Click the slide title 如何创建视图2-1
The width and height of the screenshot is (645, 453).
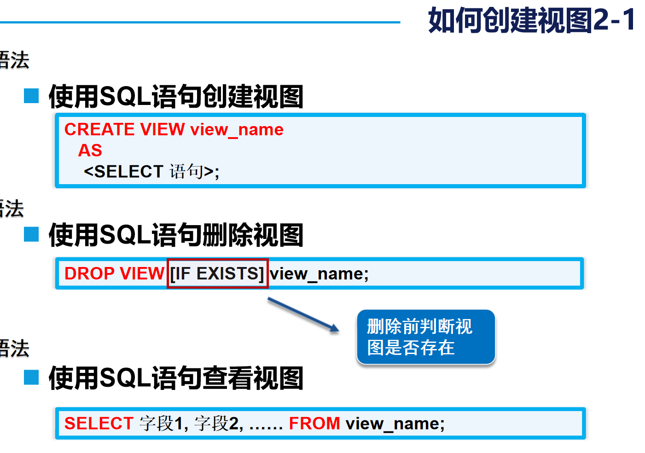click(532, 21)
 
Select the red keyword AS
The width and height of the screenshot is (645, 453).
click(90, 151)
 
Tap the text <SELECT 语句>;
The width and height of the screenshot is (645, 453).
click(151, 172)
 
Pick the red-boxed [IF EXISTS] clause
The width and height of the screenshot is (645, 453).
click(217, 273)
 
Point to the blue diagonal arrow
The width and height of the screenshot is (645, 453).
click(303, 314)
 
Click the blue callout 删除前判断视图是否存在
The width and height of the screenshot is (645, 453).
click(425, 337)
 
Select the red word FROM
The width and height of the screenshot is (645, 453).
click(314, 424)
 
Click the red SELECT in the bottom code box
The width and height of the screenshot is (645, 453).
click(99, 424)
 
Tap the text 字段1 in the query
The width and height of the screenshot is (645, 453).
click(163, 424)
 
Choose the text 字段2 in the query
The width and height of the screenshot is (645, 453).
click(218, 424)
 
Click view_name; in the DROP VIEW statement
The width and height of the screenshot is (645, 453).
click(319, 274)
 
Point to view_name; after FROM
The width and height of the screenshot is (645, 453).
click(395, 424)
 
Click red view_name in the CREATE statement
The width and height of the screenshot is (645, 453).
click(237, 130)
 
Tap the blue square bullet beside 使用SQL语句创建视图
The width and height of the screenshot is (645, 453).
click(31, 96)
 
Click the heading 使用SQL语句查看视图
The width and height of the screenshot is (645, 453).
click(176, 378)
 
